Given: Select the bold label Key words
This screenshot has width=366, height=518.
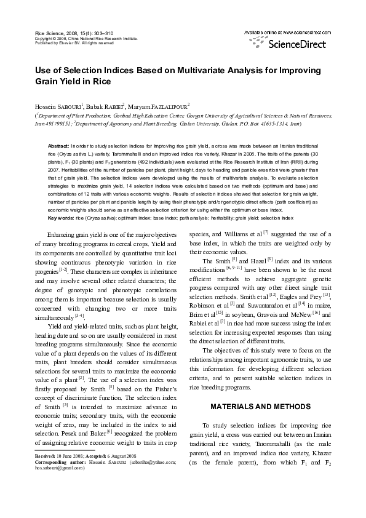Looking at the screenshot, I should pos(61,218).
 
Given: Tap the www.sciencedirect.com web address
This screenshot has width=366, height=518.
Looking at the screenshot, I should pos(300,31).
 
